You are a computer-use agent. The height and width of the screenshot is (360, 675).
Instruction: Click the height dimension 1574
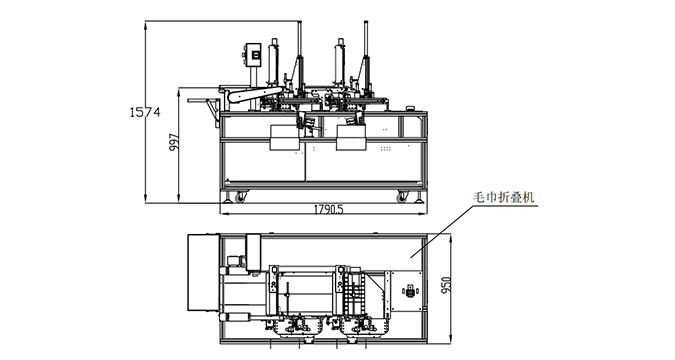[x=146, y=112]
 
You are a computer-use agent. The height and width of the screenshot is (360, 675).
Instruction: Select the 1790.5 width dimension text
[x=319, y=211]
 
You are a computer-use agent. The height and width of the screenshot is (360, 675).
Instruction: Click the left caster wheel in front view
[x=238, y=196]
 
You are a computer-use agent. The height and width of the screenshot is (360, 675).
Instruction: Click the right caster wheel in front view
[x=402, y=196]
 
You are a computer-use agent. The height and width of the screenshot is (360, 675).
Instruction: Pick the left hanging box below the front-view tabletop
[x=284, y=137]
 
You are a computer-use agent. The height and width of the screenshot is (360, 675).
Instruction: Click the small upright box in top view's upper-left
[x=252, y=246]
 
